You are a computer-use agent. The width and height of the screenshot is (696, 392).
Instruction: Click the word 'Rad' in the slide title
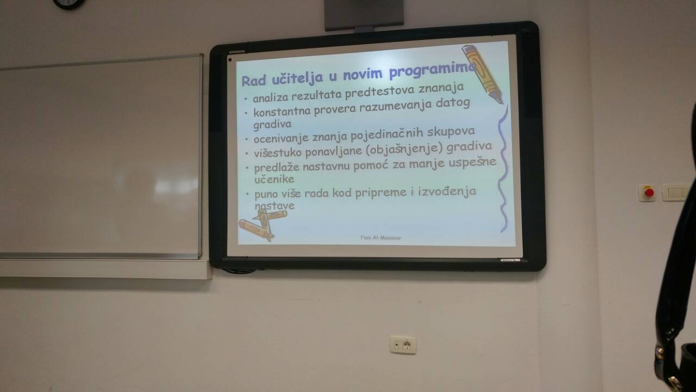pos(254,81)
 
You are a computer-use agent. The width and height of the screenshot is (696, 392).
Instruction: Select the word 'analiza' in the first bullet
pos(271,97)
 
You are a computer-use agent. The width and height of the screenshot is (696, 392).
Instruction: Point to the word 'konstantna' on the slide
pos(282,112)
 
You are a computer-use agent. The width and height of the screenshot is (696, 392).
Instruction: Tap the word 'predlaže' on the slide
pos(277,168)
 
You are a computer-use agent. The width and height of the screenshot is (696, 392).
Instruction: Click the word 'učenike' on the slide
pos(274,179)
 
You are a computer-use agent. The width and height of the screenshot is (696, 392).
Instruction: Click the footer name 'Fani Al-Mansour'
pos(381,238)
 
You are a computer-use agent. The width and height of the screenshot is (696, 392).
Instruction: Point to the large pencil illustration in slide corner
pos(482,73)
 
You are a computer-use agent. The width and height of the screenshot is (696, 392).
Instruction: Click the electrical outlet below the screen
pos(403,345)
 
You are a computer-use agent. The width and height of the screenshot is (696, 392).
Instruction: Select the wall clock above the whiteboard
pos(69,4)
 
